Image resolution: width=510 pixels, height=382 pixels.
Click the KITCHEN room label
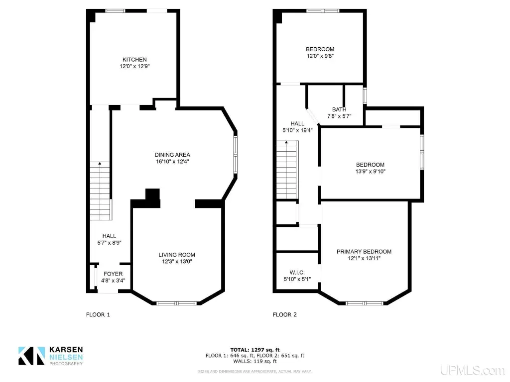(134, 60)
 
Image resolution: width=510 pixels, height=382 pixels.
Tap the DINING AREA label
(172, 155)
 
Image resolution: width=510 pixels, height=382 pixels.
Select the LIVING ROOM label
(177, 255)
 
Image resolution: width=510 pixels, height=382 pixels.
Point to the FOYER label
(113, 274)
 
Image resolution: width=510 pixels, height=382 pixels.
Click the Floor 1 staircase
(100, 191)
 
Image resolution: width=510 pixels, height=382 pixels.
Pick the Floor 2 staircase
(287, 170)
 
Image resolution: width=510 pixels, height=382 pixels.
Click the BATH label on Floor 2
(339, 109)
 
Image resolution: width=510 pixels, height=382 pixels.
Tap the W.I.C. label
(297, 273)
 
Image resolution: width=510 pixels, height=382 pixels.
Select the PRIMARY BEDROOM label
(364, 251)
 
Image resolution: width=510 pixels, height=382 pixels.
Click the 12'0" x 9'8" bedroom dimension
(320, 56)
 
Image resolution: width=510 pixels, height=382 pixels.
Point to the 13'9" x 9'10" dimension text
(370, 171)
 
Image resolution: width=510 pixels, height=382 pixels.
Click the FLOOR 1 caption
(98, 314)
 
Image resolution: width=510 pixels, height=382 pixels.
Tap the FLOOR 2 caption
(284, 314)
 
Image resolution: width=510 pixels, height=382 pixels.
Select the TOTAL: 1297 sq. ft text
(255, 350)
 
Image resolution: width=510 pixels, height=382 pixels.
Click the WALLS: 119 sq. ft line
(255, 361)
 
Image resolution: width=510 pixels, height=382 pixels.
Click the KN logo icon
(31, 356)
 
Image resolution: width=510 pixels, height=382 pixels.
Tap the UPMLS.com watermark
(472, 370)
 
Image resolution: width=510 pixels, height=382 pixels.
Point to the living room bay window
(177, 303)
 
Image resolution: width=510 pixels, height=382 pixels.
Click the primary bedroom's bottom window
(365, 303)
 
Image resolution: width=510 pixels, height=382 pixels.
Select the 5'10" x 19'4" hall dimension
(297, 130)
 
